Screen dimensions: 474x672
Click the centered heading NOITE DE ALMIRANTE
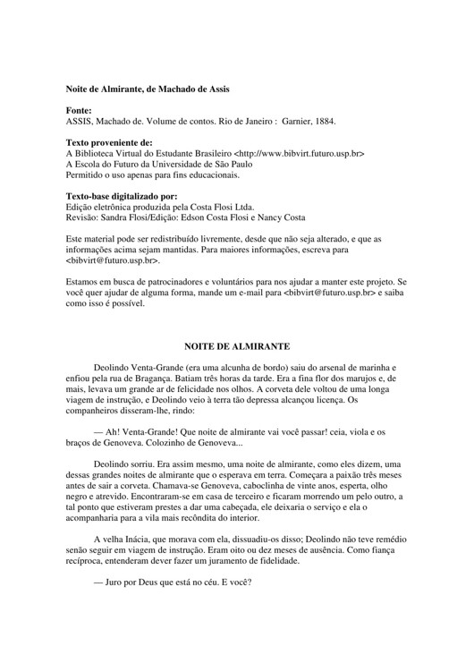tap(237, 345)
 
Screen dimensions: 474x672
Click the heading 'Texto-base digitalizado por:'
tap(122, 196)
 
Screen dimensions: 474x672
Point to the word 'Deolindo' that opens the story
tap(114, 367)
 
